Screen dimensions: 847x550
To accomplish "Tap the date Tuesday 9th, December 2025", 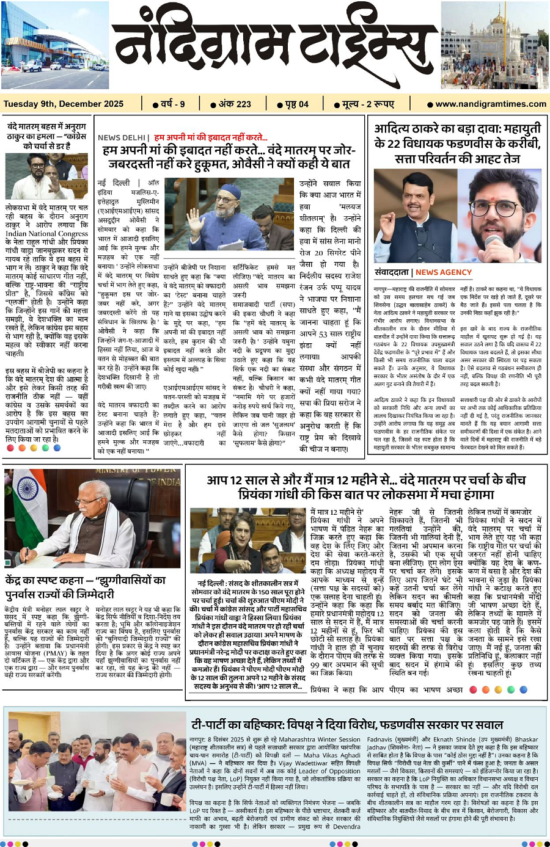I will (64, 104).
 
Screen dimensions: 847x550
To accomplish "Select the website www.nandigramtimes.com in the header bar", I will (491, 104).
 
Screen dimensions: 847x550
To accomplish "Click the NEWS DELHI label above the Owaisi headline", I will (121, 137).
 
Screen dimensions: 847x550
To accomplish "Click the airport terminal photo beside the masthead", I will (55, 46).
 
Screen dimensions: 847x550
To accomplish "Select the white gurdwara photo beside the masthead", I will (494, 46).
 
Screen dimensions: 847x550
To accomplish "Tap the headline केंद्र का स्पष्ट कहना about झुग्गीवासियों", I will (86, 586).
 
